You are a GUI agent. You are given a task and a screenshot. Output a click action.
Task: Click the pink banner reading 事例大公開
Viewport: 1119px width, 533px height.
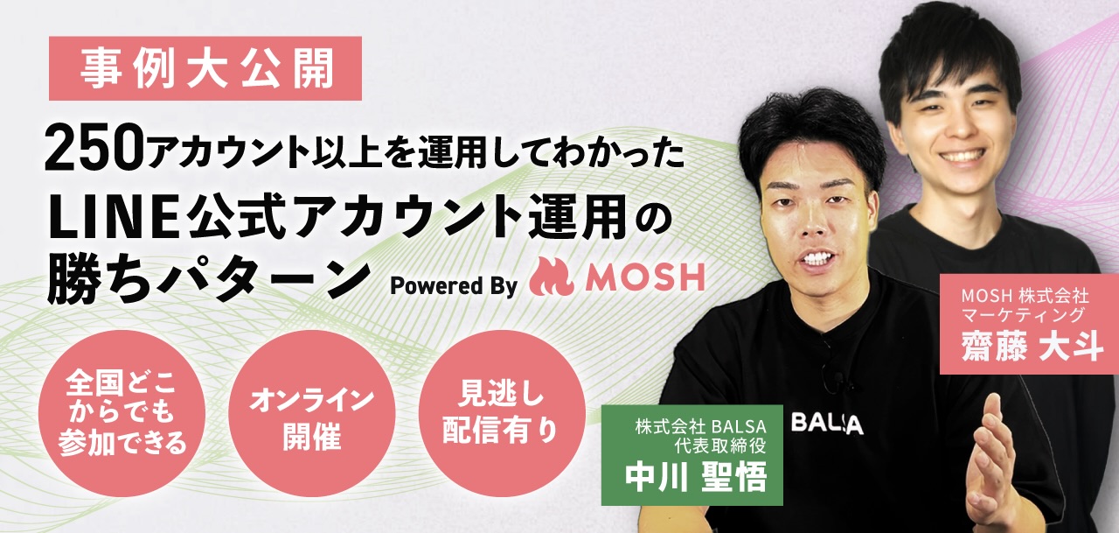tap(205, 68)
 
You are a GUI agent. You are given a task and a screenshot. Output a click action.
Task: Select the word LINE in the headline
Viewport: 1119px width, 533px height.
tap(114, 218)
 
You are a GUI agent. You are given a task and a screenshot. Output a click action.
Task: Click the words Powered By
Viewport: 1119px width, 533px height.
tap(453, 286)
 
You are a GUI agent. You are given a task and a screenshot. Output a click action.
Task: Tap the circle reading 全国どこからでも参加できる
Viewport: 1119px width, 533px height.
tap(122, 413)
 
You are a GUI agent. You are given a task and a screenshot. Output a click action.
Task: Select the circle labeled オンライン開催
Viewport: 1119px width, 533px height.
tap(312, 413)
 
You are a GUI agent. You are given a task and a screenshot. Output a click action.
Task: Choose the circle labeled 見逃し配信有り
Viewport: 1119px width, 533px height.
tap(501, 413)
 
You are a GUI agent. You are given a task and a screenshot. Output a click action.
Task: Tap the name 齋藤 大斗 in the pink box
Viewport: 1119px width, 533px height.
tap(1032, 346)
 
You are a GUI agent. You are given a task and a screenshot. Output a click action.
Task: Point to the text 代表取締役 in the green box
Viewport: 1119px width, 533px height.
tap(719, 445)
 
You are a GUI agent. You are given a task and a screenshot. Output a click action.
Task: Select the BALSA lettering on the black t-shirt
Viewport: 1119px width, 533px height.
tap(827, 424)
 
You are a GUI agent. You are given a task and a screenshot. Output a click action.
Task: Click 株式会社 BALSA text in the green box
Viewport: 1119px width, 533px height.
tap(701, 426)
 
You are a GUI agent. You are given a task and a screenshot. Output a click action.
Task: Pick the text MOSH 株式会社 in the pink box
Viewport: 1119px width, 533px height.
tap(1025, 297)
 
